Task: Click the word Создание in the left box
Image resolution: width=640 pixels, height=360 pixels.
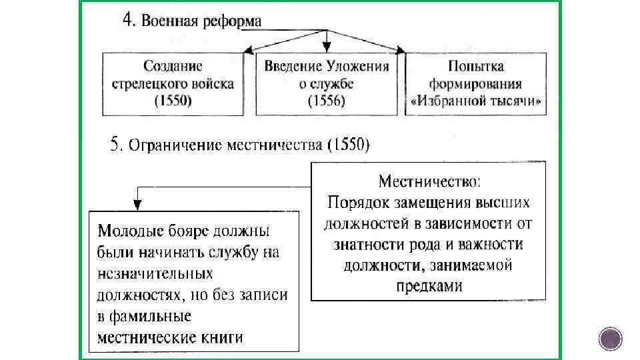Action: [173, 66]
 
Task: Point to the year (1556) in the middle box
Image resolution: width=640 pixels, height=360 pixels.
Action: [326, 101]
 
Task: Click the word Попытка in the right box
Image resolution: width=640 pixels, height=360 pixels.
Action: [475, 66]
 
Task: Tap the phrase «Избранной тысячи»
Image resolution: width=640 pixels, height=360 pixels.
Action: [475, 103]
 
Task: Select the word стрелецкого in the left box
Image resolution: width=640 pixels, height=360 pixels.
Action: [149, 84]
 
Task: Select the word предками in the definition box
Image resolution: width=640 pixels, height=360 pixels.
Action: [429, 285]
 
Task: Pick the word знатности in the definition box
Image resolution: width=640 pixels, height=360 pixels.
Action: [368, 244]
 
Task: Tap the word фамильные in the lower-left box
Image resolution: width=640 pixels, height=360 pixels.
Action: [144, 315]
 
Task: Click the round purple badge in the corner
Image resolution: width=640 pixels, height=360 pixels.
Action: [610, 340]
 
